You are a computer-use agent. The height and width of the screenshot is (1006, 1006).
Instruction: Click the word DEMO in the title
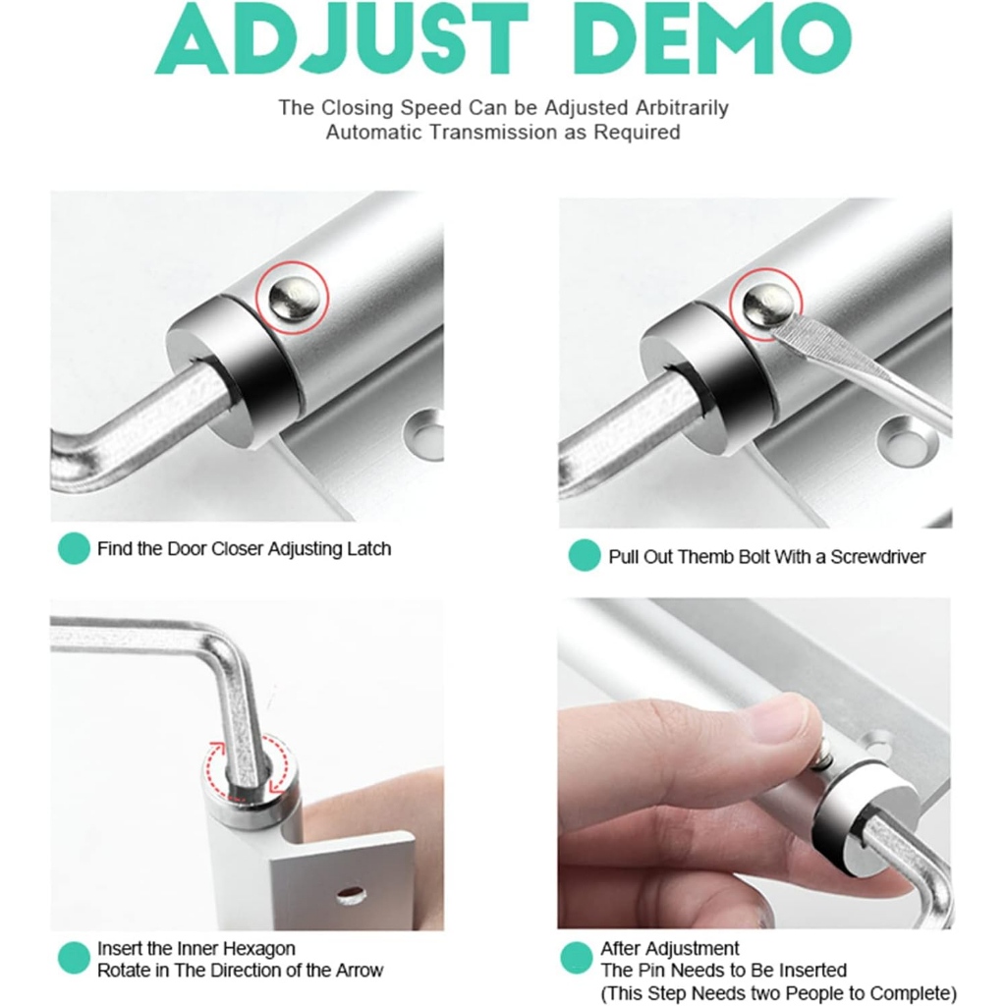(712, 38)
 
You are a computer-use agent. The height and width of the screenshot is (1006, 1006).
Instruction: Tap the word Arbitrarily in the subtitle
(682, 108)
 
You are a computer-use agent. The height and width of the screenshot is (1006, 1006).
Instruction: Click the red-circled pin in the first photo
(293, 298)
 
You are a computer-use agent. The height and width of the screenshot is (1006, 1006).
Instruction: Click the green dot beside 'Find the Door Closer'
(74, 548)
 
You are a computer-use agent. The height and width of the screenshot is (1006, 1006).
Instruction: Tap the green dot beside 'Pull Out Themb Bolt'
(585, 556)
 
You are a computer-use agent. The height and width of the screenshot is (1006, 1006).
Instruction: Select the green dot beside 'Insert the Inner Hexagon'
(74, 958)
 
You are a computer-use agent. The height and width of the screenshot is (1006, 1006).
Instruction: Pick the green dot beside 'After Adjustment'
(576, 958)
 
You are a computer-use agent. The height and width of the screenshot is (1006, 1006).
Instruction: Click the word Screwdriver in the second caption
(877, 557)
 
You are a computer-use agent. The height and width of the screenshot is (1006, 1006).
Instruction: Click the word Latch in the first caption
(369, 549)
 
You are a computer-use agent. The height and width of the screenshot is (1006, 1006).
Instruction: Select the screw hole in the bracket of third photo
(351, 894)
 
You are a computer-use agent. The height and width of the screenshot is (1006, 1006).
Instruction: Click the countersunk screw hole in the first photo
(424, 434)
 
